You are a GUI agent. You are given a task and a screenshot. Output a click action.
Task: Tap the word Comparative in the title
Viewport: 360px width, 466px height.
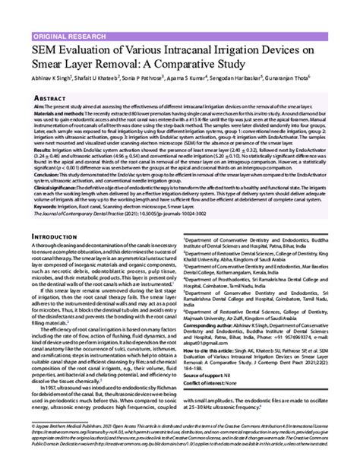pos(201,68)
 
